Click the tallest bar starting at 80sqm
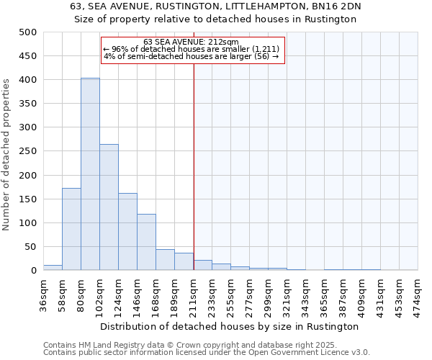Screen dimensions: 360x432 click(90, 174)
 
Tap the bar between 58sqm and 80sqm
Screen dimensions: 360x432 click(71, 229)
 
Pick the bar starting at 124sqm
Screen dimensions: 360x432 click(127, 232)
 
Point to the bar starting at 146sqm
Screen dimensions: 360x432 click(146, 242)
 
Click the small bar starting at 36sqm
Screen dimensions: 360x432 click(53, 267)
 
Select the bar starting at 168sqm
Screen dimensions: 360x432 click(165, 260)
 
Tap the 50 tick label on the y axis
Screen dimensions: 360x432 click(30, 247)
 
